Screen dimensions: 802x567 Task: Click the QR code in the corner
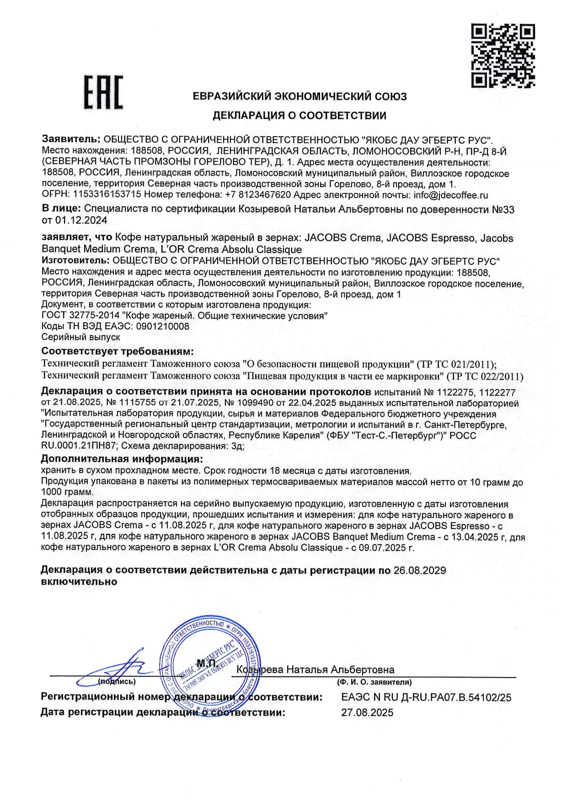click(503, 56)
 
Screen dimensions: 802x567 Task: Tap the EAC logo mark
click(103, 94)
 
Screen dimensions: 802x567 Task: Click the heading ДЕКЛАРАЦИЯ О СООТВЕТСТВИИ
click(299, 116)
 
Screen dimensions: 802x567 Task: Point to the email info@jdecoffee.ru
click(451, 195)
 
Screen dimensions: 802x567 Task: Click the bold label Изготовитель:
click(75, 261)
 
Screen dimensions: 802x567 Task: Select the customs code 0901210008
click(160, 326)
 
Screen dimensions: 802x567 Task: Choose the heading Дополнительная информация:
click(122, 459)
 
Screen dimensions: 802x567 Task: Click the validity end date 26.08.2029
click(419, 571)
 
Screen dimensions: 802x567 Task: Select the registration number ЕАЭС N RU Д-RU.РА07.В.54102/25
click(426, 698)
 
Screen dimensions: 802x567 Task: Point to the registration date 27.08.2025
click(367, 713)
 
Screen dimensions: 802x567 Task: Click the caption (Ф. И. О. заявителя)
click(374, 682)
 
